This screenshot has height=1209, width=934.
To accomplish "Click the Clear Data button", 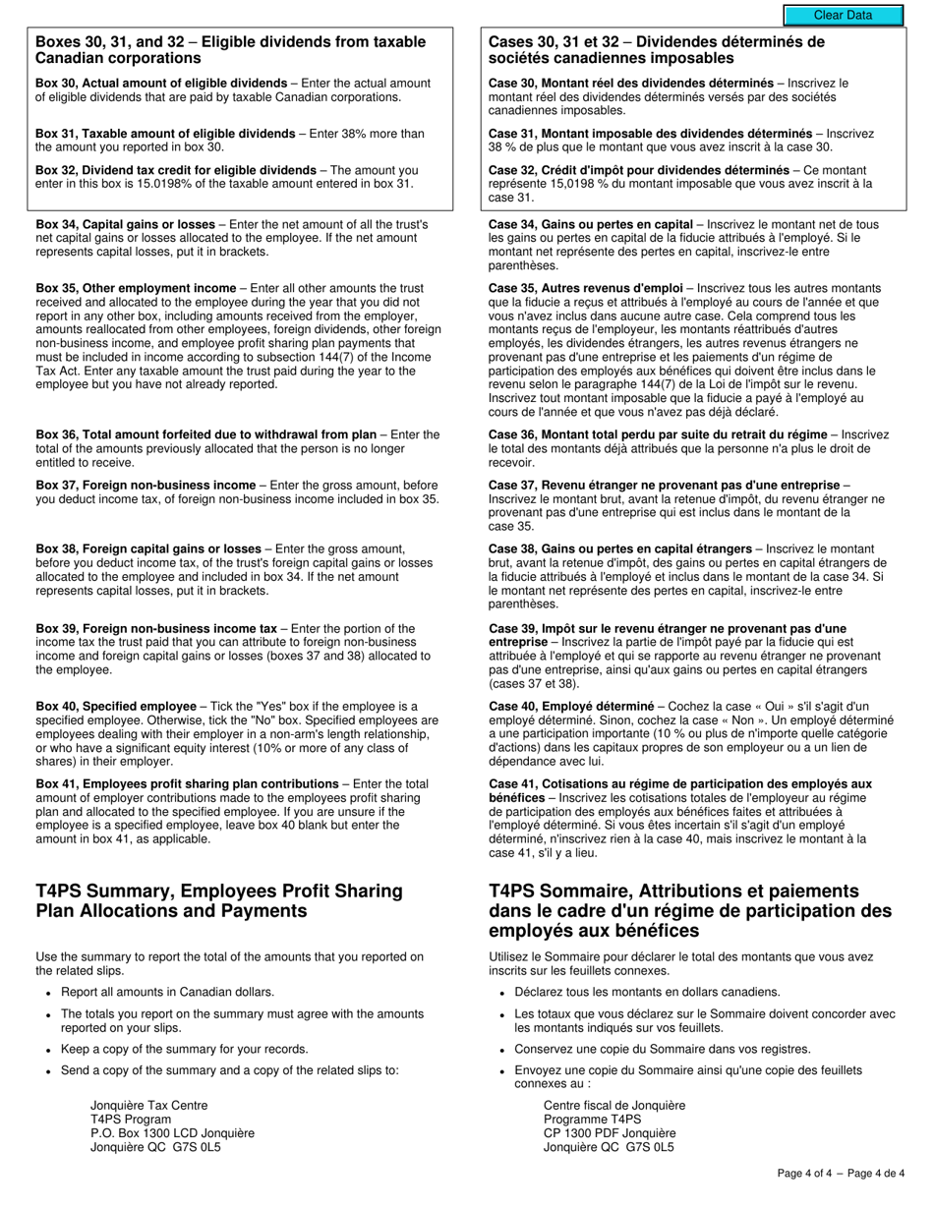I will [843, 15].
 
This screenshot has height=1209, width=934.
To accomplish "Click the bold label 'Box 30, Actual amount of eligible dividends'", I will [161, 84].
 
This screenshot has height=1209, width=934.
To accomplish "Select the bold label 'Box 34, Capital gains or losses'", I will [125, 224].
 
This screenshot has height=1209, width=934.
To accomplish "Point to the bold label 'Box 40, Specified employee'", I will [116, 706].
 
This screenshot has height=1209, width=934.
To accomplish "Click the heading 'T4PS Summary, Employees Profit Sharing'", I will [219, 892].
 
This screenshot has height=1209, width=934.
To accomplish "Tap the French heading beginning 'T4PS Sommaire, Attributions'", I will [673, 892].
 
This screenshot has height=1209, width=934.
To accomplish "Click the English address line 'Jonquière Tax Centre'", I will [149, 1105].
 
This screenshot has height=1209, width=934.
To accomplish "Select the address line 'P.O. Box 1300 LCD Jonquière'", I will [172, 1132].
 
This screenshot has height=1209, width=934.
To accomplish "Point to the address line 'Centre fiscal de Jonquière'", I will [614, 1105].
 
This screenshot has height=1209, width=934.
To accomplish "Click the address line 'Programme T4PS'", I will [592, 1119].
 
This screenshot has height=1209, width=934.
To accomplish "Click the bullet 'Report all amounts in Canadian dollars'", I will [167, 992].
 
